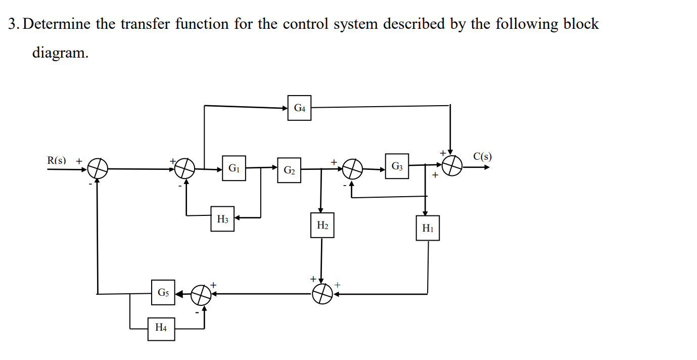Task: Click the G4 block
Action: click(x=299, y=108)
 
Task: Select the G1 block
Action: click(x=234, y=168)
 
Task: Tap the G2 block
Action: click(x=289, y=170)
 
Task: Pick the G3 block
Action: click(x=397, y=166)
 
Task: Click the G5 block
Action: click(x=163, y=292)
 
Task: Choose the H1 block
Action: click(x=428, y=228)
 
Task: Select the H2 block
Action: click(x=322, y=226)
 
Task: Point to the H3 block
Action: click(x=222, y=219)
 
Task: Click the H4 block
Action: click(x=161, y=328)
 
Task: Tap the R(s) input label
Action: click(x=57, y=160)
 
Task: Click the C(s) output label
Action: click(x=482, y=156)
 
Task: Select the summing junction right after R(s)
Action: click(x=98, y=168)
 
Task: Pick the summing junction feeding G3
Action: click(x=353, y=169)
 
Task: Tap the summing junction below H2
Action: click(x=322, y=293)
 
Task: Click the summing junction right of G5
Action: click(x=201, y=294)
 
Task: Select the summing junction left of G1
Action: click(x=185, y=168)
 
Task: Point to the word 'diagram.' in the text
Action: click(x=60, y=53)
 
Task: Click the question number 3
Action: click(x=14, y=24)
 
